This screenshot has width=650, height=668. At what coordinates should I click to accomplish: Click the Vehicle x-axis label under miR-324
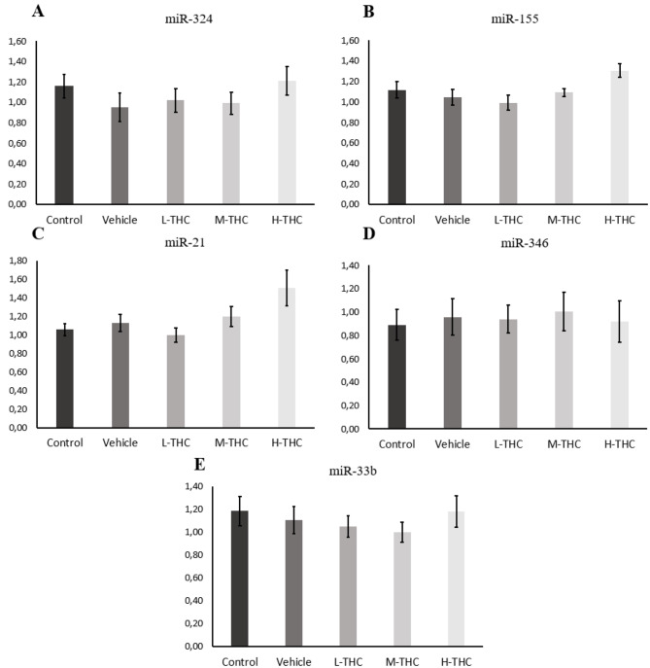coord(120,220)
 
